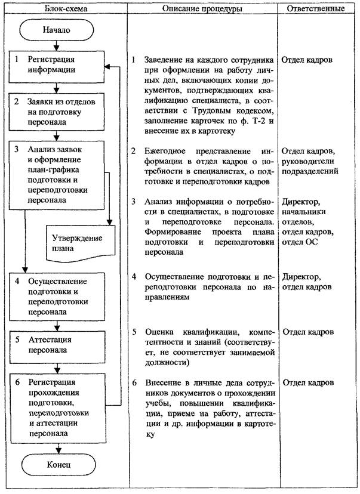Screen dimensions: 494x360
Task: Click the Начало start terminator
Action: [x=57, y=30]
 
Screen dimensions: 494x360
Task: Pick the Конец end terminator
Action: [x=57, y=464]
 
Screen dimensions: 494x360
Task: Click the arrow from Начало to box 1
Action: [x=57, y=45]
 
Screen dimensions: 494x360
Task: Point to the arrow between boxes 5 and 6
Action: [x=57, y=365]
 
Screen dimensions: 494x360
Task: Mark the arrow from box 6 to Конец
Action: [x=57, y=447]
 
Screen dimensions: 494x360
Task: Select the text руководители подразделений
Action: [x=309, y=165]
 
